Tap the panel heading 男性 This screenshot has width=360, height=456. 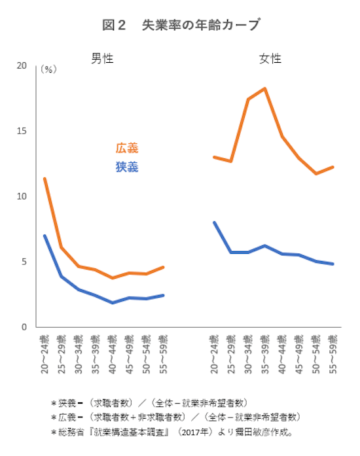click(x=102, y=58)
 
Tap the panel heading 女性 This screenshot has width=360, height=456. click(x=270, y=58)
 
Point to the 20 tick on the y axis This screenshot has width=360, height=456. click(x=22, y=66)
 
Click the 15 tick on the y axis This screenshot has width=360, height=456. click(x=22, y=131)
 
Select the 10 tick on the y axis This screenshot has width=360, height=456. click(x=22, y=196)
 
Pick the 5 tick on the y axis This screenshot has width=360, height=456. click(x=24, y=262)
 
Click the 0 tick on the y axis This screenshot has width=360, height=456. click(x=24, y=326)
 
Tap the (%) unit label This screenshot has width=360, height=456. click(x=49, y=69)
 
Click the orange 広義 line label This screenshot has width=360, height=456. click(x=127, y=149)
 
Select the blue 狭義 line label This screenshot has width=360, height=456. click(x=127, y=167)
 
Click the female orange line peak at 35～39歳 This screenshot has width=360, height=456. click(x=264, y=88)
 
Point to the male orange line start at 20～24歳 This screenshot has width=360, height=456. click(x=45, y=179)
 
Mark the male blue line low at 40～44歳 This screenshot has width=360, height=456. click(x=113, y=303)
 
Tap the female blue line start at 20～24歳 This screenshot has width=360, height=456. click(x=214, y=222)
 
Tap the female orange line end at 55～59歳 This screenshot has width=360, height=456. click(x=333, y=167)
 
